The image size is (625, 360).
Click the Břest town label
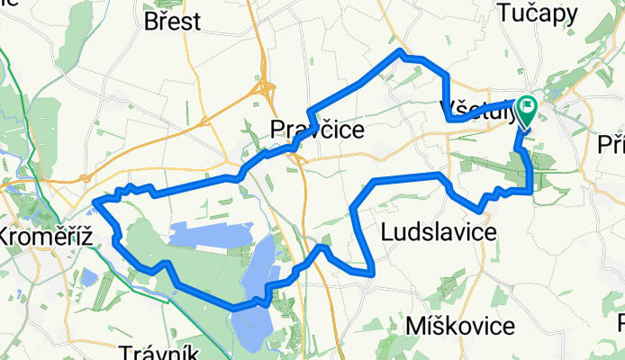coord(172,21)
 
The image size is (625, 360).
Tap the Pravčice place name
coord(317,131)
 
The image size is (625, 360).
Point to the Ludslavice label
coord(439,232)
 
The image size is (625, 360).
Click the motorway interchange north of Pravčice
coord(267,88)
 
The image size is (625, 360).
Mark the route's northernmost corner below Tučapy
coord(401,54)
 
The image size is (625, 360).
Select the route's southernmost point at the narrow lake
coord(236,308)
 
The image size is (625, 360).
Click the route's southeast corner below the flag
coord(531,190)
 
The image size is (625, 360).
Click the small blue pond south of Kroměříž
coord(87,276)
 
